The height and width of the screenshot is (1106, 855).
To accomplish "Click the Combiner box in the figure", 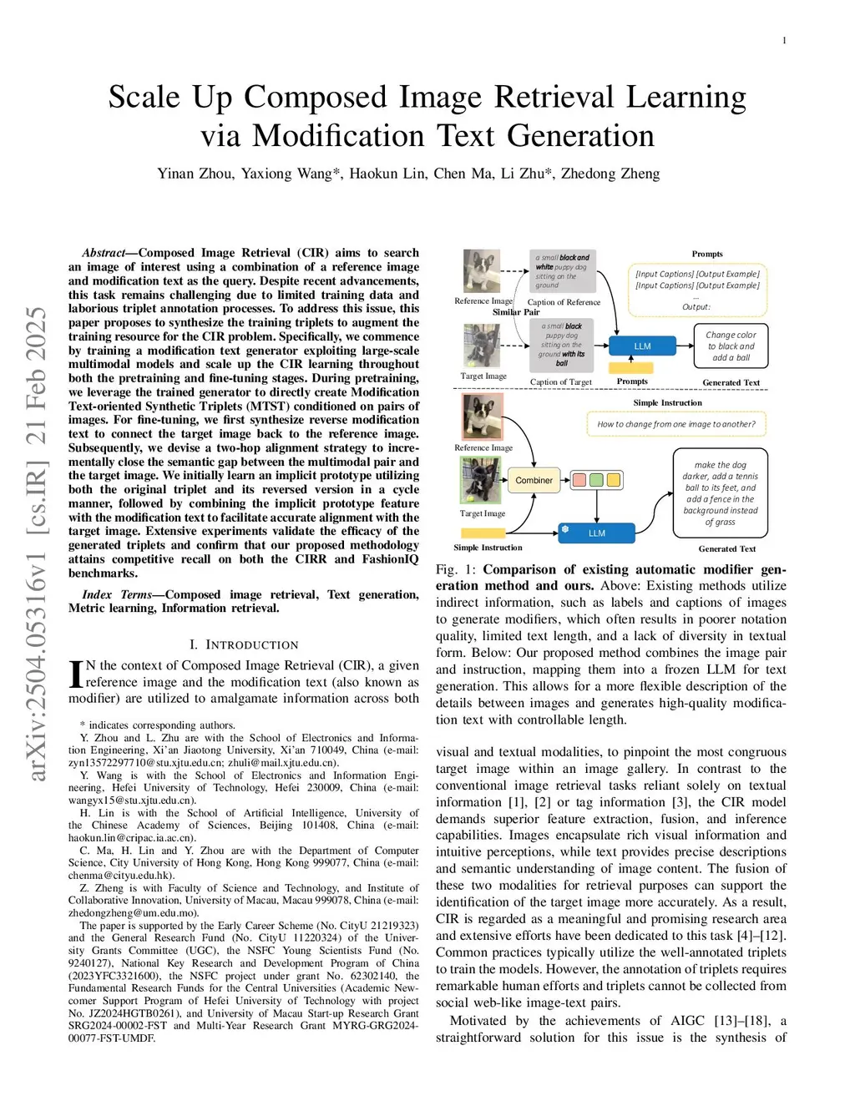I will click(x=534, y=480).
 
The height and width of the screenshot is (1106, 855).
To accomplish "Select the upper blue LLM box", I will click(x=642, y=346).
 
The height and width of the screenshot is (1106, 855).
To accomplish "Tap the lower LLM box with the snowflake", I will click(x=596, y=533).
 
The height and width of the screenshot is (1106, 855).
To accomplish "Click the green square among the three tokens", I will click(x=596, y=480).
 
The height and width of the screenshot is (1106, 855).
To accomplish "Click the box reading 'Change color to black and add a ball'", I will click(x=731, y=346).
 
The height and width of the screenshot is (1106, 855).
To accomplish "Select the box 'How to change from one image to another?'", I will click(x=675, y=424).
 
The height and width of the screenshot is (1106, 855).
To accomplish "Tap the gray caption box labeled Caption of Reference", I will click(x=563, y=271).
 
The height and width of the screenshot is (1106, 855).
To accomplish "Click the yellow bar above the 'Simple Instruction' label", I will click(x=631, y=367).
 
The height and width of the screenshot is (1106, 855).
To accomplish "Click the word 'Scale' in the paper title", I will click(x=144, y=98).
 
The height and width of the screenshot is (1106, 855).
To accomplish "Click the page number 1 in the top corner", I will click(x=784, y=40).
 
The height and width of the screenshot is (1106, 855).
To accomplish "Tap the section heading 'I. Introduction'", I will click(x=243, y=644).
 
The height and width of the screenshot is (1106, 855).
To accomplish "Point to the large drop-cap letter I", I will click(x=75, y=674).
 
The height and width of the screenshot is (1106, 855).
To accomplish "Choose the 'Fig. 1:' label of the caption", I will click(x=456, y=569).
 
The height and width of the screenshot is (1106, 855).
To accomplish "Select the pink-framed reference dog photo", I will click(x=482, y=417).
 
